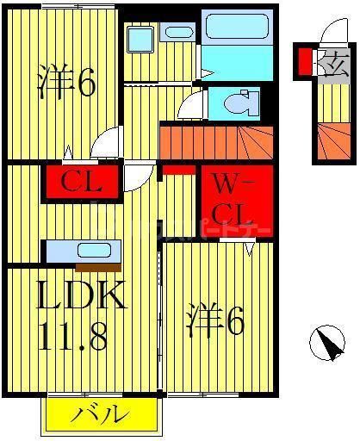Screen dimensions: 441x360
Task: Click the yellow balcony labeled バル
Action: pyautogui.click(x=104, y=414)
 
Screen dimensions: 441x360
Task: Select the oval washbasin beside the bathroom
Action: pyautogui.click(x=179, y=33)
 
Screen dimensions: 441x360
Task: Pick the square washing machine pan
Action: pyautogui.click(x=139, y=40)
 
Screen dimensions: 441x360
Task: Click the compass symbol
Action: pyautogui.click(x=326, y=345)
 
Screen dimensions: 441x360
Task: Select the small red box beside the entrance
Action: pyautogui.click(x=305, y=62)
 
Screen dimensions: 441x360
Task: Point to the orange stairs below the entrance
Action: pyautogui.click(x=332, y=142)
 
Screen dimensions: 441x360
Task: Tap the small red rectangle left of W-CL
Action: pyautogui.click(x=180, y=170)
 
